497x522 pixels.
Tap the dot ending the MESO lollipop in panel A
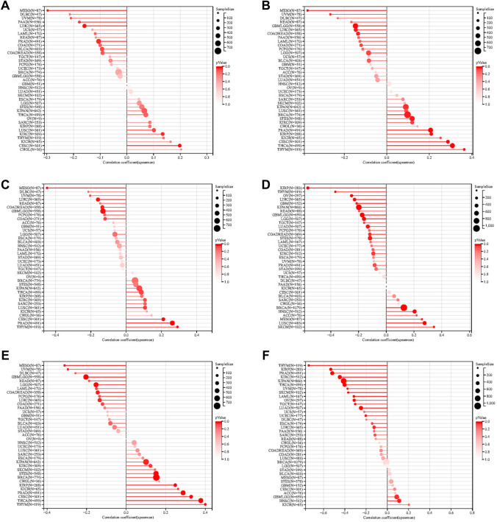click(48, 10)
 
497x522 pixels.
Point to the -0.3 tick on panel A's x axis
click(48, 156)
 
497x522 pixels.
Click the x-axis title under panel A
click(126, 163)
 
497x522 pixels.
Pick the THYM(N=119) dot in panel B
click(464, 149)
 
